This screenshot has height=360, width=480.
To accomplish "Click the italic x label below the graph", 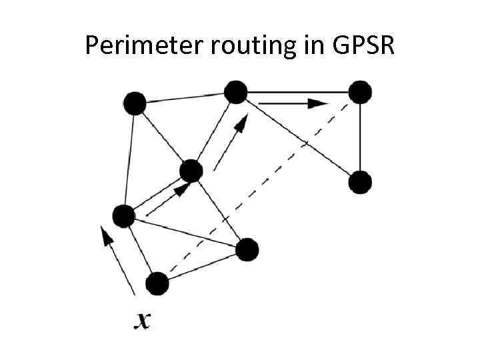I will click(142, 321).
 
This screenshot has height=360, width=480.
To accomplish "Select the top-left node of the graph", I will click(135, 103).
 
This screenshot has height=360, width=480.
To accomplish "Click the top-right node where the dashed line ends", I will click(360, 92).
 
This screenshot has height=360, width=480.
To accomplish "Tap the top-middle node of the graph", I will click(235, 92).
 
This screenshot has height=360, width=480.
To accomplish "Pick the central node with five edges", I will click(191, 171).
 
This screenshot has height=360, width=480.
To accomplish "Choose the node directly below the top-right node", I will click(360, 182).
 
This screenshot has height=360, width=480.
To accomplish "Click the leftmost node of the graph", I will click(123, 216).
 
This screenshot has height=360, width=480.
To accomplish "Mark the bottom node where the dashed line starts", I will click(157, 284).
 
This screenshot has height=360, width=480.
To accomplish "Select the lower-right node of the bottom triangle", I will click(247, 249).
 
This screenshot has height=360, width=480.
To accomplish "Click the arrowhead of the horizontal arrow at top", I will click(319, 103).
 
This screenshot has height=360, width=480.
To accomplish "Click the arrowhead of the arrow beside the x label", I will click(103, 233).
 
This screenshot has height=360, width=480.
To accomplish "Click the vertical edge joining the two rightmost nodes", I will click(360, 137).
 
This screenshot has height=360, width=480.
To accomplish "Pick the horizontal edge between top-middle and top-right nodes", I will click(298, 92).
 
